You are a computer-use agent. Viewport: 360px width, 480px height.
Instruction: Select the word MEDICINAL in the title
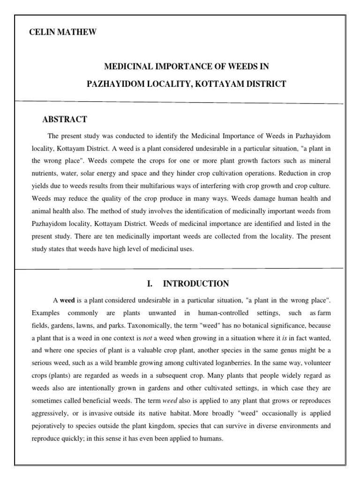tap(125, 67)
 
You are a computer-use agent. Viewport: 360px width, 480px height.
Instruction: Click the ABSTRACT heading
tap(64, 120)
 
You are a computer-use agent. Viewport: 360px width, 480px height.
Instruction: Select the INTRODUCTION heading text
tap(195, 284)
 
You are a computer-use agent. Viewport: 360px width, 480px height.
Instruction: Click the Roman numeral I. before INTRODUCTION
tap(150, 284)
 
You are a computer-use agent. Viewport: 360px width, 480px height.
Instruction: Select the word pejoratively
tap(51, 427)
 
